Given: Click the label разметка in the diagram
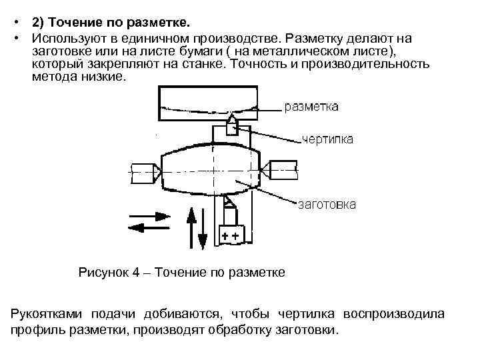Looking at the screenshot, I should tap(311, 107).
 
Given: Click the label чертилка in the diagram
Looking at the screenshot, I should tap(327, 139).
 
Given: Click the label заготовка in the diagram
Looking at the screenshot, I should tap(326, 204).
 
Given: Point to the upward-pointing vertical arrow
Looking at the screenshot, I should tap(191, 227).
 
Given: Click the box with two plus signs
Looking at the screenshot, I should tap(231, 235).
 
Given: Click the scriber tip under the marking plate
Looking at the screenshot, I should tap(231, 118).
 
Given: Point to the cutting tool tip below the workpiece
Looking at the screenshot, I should tap(229, 199).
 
